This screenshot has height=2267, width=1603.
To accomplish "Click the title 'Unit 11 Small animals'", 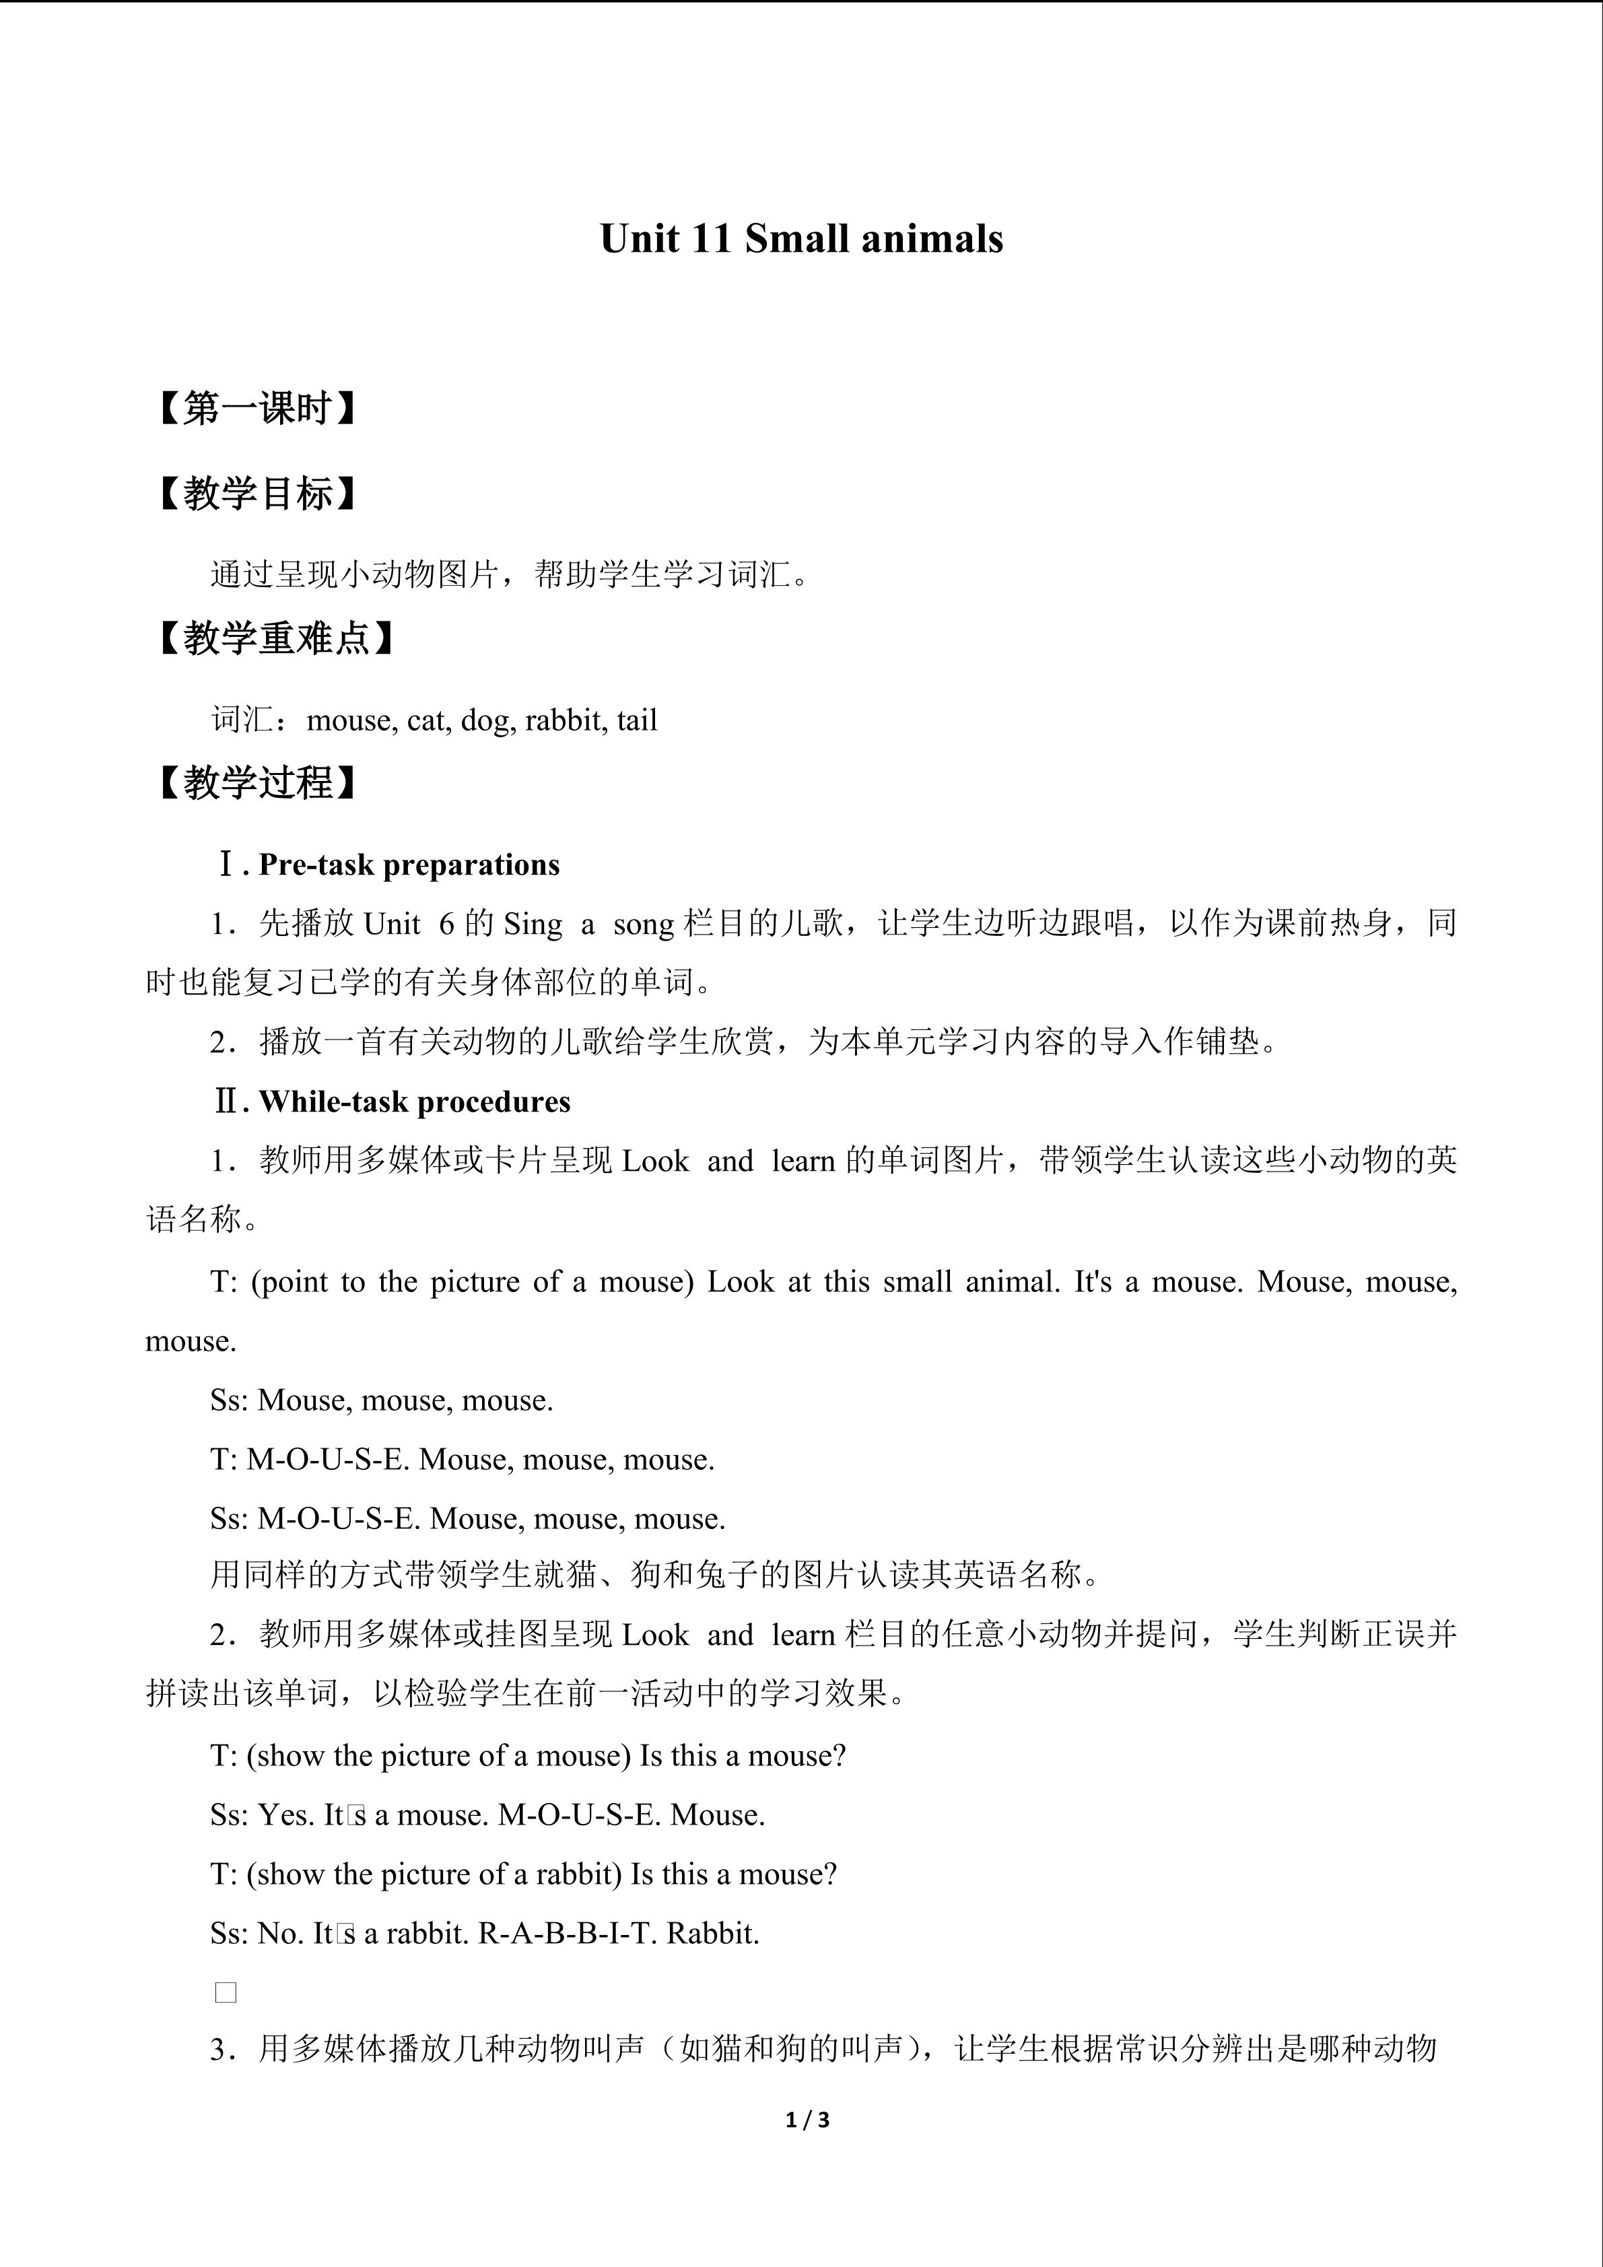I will coord(800,239).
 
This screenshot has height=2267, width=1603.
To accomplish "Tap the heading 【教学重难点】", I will coord(275,639).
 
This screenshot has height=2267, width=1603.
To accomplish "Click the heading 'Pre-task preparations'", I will coord(409,865).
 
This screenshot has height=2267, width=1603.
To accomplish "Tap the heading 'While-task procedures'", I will coord(415,1102).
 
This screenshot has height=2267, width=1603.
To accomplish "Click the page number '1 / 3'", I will coord(807,2119).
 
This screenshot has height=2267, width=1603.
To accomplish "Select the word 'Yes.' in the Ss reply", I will coord(286,1815).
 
